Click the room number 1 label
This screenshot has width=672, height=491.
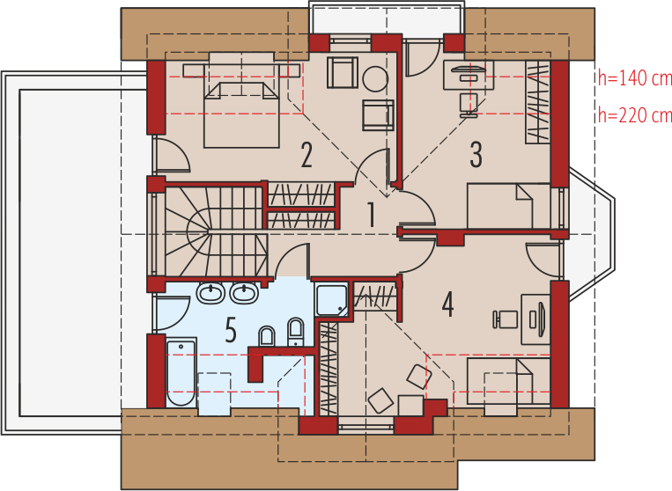pyautogui.click(x=371, y=215)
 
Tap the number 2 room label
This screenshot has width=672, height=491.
pyautogui.click(x=306, y=155)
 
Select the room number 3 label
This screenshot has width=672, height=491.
pyautogui.click(x=476, y=155)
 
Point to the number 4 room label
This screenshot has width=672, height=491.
pyautogui.click(x=448, y=304)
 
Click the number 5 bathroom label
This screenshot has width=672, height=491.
pyautogui.click(x=231, y=330)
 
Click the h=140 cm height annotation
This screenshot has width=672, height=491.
pyautogui.click(x=635, y=78)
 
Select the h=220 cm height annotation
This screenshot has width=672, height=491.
pyautogui.click(x=635, y=114)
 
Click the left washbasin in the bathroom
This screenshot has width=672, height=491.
pyautogui.click(x=210, y=293)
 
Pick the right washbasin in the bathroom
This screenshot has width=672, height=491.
pyautogui.click(x=244, y=293)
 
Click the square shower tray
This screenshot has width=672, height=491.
pyautogui.click(x=331, y=300)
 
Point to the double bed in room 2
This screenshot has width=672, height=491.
pyautogui.click(x=240, y=114)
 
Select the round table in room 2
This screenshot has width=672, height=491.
pyautogui.click(x=375, y=79)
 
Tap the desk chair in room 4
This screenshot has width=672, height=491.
pyautogui.click(x=505, y=319)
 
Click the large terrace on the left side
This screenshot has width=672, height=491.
pyautogui.click(x=73, y=253)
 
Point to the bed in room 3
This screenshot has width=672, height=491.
pyautogui.click(x=509, y=206)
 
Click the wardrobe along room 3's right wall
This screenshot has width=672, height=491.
pyautogui.click(x=538, y=102)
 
